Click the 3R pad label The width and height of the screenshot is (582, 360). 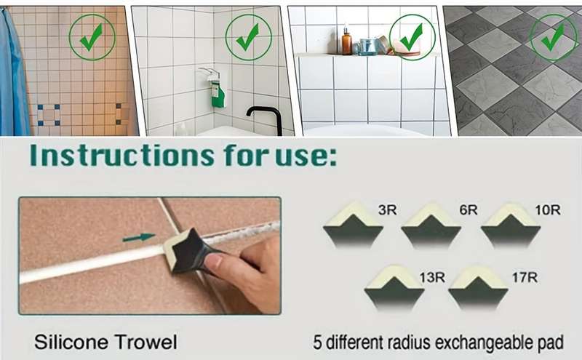[x=388, y=210]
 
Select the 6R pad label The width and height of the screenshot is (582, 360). [x=469, y=210]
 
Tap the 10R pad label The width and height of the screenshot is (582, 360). [x=548, y=210]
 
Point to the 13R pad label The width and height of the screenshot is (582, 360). [x=432, y=277]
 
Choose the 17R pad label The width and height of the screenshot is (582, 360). [x=525, y=277]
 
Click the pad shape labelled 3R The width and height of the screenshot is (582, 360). [x=353, y=225]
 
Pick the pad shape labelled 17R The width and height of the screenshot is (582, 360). [x=478, y=288]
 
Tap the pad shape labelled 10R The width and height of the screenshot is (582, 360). [x=511, y=225]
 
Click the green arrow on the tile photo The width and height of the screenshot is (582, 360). [x=139, y=238]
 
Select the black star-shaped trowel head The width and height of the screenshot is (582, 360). [x=188, y=250]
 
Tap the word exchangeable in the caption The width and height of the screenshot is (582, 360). [x=485, y=343]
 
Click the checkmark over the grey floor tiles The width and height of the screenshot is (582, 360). [x=553, y=37]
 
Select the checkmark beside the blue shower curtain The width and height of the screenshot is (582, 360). [x=92, y=37]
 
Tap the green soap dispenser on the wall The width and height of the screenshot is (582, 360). [x=218, y=95]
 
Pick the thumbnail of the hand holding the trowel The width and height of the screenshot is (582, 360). [x=150, y=256]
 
